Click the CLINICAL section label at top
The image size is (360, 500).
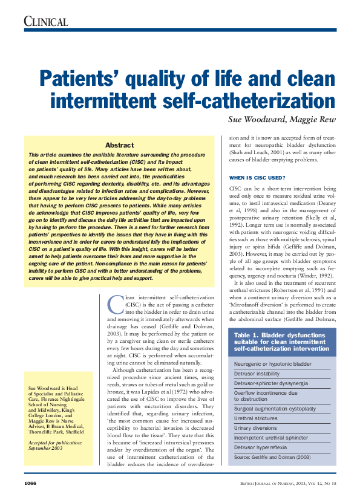[x=46, y=22]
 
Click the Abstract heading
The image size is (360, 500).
[x=120, y=145]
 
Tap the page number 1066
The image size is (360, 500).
[x=32, y=484]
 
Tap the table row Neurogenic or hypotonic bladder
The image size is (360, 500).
[x=273, y=365]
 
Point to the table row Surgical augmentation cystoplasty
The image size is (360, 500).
[x=275, y=409]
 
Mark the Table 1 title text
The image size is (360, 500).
[x=278, y=342]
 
